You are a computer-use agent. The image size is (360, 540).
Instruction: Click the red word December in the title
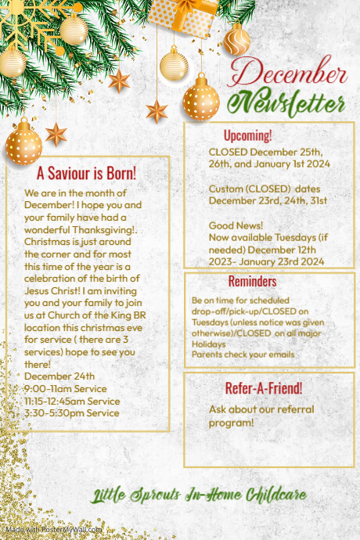[x=290, y=74]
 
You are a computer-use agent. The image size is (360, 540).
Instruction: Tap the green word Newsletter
[x=292, y=103]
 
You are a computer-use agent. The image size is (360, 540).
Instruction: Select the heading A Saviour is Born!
[x=86, y=173]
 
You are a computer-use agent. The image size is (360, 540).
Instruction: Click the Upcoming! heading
[x=247, y=135]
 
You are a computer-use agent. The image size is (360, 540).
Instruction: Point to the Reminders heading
[x=252, y=281]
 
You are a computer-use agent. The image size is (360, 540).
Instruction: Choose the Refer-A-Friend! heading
[x=263, y=388]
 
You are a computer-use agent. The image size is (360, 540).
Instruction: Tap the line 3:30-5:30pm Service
[x=71, y=412]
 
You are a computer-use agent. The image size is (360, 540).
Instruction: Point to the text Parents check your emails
[x=243, y=355]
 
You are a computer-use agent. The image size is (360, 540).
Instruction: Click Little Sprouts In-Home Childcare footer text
[x=198, y=495]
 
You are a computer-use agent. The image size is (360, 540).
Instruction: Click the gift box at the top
[x=184, y=12]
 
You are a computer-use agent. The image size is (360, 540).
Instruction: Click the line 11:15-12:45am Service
[x=72, y=401]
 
